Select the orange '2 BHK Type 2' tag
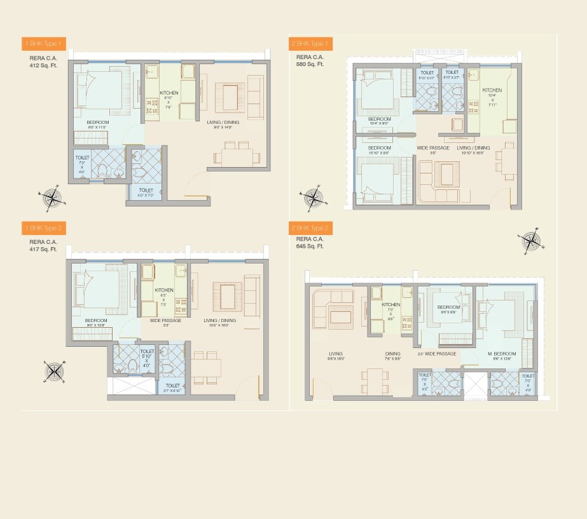tap(310, 228)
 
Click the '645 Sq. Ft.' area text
tap(310, 246)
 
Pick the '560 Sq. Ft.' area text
tap(310, 65)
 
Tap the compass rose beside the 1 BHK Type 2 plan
tap(54, 372)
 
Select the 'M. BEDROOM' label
tap(502, 354)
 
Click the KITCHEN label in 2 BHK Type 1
tap(492, 90)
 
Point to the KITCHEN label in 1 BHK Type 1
tap(169, 93)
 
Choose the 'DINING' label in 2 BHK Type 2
tap(392, 354)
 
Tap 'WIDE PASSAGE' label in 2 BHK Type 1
tap(432, 148)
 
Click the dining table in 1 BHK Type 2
tap(205, 368)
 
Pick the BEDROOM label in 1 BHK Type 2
tap(95, 320)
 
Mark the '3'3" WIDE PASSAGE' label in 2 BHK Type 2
tap(436, 354)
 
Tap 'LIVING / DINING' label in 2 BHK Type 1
tap(473, 148)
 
